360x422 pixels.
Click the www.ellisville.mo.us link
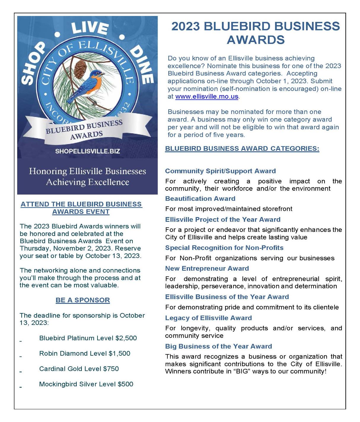point(207,97)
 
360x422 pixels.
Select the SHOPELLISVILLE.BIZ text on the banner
point(87,151)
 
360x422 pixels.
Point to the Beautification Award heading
point(200,199)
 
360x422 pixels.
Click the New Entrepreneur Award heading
point(207,269)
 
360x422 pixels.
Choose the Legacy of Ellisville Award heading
point(208,318)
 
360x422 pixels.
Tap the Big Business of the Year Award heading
point(218,346)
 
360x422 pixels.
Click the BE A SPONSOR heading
point(83,300)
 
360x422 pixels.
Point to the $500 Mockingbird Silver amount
point(125,384)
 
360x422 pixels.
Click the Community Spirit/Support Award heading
point(220,171)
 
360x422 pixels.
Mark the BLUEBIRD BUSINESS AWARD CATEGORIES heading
point(242,149)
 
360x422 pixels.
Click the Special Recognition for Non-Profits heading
point(224,248)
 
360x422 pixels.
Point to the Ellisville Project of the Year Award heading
point(223,220)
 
